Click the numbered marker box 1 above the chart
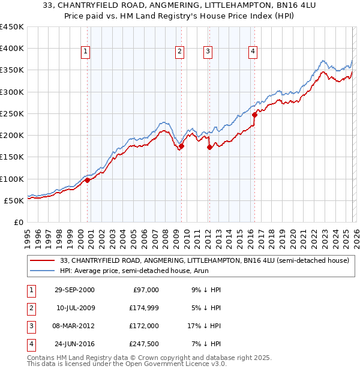point(86,52)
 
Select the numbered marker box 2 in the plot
point(179,52)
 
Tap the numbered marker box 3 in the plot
point(208,52)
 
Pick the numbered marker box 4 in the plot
point(253,52)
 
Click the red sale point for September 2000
point(88,180)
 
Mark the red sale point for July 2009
point(181,146)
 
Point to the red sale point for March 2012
point(209,147)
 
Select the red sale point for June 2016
point(255,114)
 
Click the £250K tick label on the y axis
point(12,113)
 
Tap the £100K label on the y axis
point(12,179)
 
